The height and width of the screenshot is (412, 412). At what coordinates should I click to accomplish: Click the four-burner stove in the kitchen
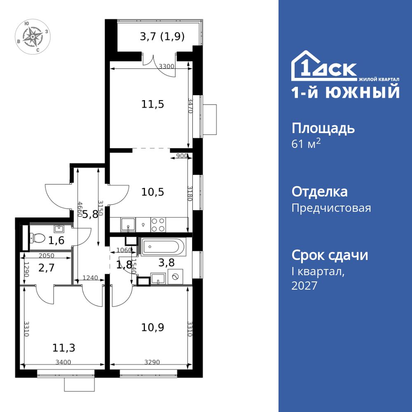158,225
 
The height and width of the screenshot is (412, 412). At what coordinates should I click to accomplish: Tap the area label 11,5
153,104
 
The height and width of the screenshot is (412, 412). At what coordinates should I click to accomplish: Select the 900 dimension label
182,156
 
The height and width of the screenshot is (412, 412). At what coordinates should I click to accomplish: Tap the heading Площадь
323,128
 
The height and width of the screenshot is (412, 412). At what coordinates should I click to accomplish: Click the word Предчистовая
331,208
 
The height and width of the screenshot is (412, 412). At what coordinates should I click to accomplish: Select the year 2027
304,286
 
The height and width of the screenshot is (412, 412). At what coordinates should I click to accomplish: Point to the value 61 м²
306,144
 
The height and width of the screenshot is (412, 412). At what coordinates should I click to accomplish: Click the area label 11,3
63,348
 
